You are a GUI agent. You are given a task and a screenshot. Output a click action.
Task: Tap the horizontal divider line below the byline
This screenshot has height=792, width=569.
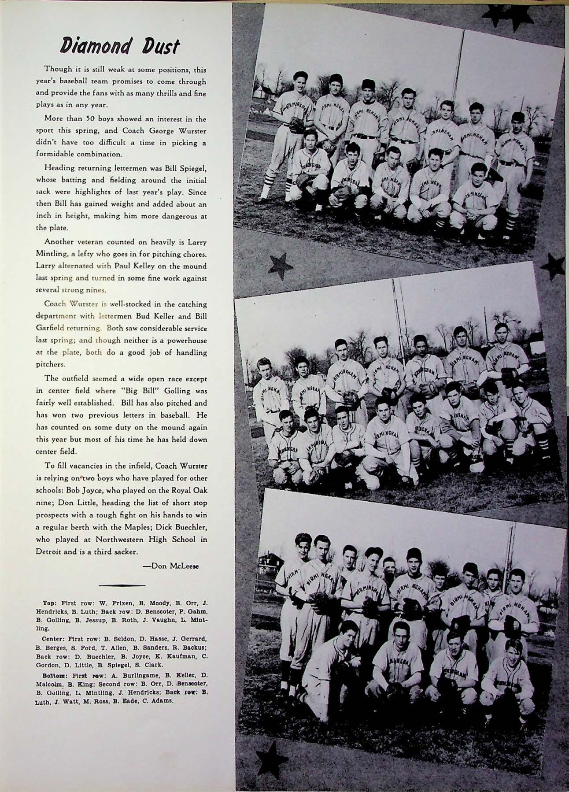click(x=122, y=585)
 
